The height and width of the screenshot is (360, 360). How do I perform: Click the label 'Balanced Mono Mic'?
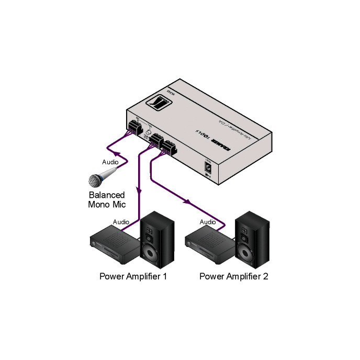(106, 199)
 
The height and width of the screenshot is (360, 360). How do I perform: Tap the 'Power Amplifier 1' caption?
(133, 276)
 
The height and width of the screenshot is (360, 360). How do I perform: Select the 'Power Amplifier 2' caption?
(233, 276)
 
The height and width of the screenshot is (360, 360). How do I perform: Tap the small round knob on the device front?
(148, 134)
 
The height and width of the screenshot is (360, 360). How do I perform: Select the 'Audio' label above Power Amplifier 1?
(121, 222)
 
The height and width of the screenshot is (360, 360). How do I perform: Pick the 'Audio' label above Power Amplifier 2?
(208, 222)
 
